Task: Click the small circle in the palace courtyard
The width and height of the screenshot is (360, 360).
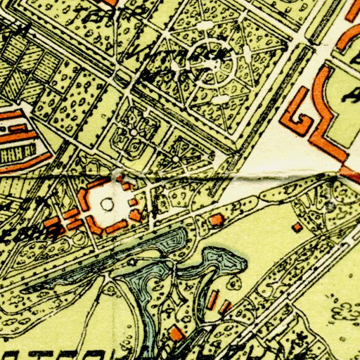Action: coord(107,204)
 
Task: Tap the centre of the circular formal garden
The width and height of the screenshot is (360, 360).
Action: coord(224,69)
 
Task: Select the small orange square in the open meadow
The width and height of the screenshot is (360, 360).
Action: coord(297,227)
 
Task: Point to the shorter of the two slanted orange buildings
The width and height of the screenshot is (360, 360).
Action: coord(226,307)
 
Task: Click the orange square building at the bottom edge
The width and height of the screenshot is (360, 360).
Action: coord(176,335)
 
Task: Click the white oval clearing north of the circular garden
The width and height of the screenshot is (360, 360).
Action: coord(205,26)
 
